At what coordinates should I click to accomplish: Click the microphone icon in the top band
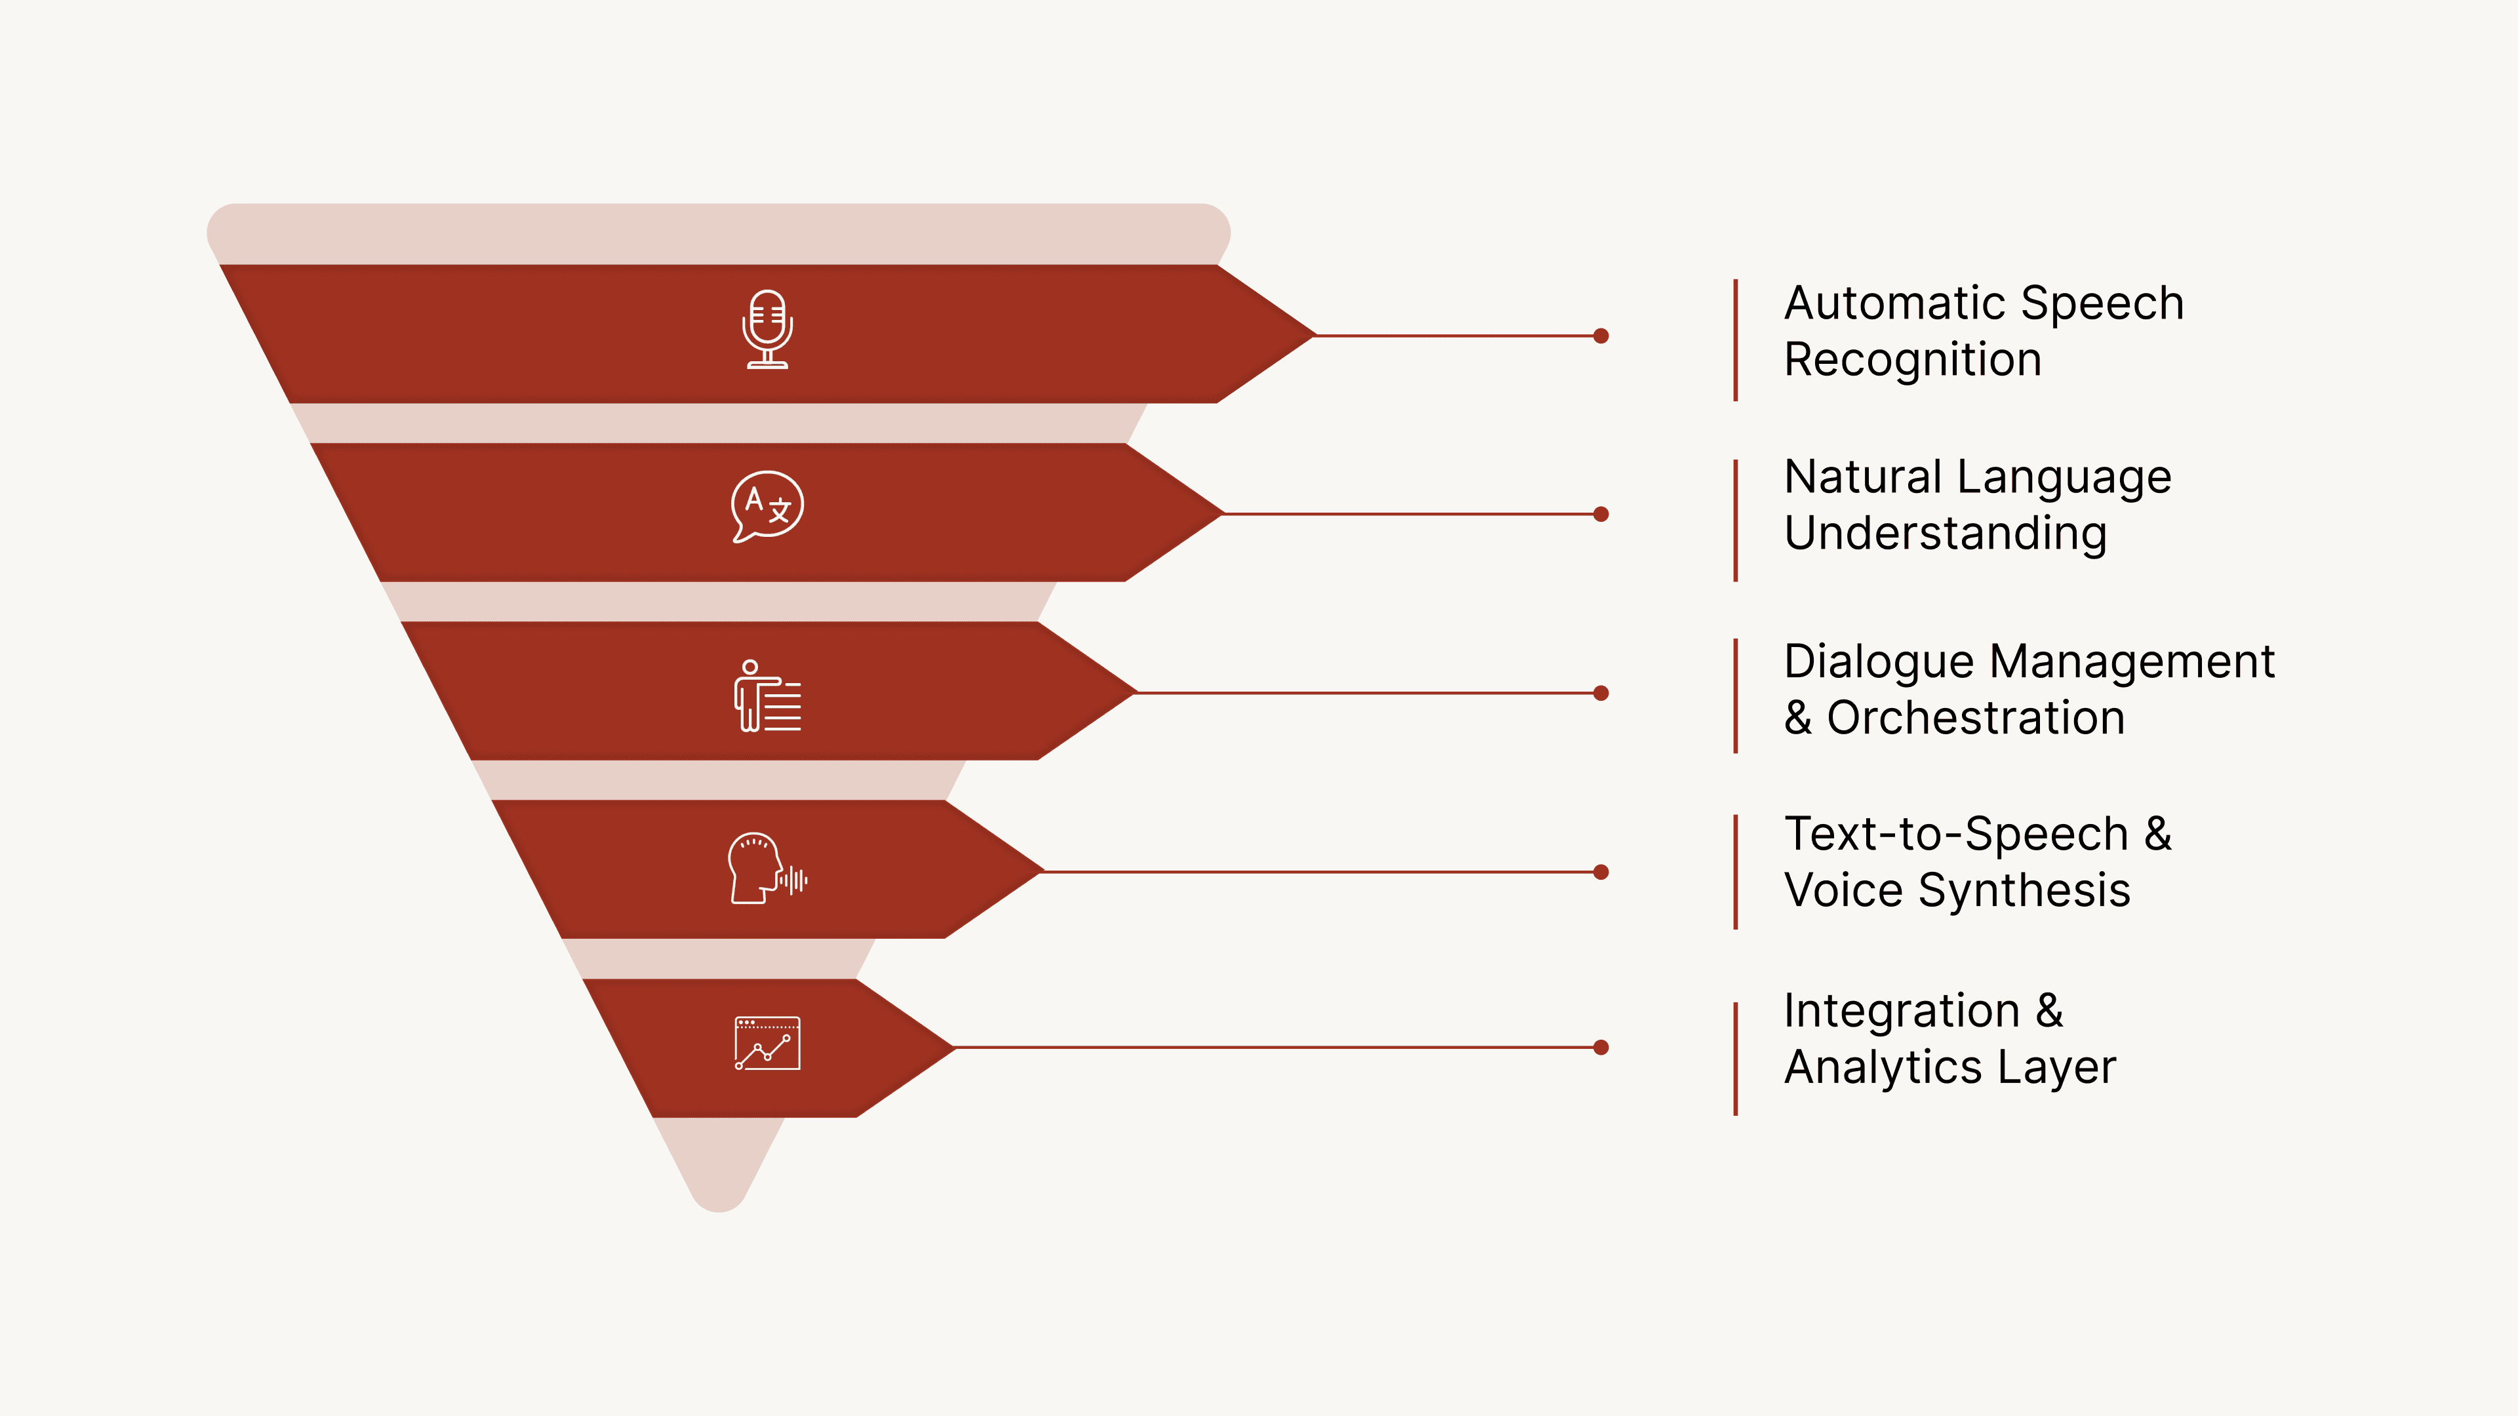[767, 329]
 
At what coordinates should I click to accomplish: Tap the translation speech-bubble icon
[767, 506]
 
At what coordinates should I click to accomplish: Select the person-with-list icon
[767, 696]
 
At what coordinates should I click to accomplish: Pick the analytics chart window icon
[767, 1044]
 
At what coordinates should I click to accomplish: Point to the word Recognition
[1913, 360]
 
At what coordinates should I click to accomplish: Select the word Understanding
[1945, 534]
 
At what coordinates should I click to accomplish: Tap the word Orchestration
[1976, 718]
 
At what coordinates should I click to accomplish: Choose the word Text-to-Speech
[1956, 835]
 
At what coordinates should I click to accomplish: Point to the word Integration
[1901, 1010]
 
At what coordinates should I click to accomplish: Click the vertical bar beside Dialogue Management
[1736, 696]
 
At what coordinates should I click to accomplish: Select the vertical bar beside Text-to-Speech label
[1736, 871]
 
